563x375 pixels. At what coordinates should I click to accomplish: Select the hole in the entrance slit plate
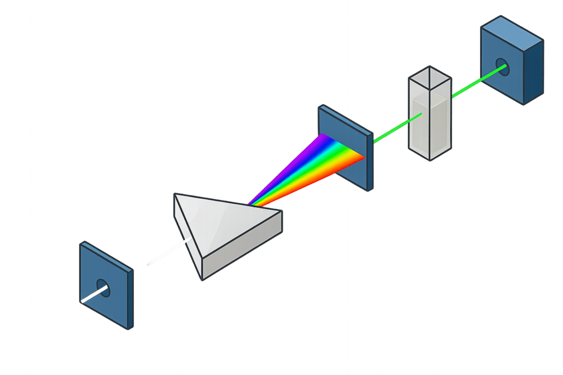click(103, 288)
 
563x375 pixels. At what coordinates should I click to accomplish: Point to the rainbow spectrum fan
click(315, 166)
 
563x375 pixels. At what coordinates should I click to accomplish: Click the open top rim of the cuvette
click(430, 75)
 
